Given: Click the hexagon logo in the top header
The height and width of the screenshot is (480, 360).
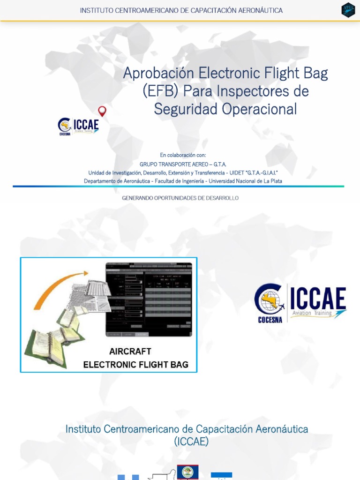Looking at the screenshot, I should tap(348, 10).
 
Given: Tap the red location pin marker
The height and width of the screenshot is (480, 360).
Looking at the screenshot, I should tap(102, 111).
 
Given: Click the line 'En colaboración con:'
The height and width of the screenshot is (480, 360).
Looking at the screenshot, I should tap(183, 155).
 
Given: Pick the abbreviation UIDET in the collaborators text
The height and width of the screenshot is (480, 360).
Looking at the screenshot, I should tap(235, 172).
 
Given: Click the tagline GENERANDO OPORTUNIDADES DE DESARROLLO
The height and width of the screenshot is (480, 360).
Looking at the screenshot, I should tap(180, 198).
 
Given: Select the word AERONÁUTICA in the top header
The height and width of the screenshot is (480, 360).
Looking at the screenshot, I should tap(259, 10).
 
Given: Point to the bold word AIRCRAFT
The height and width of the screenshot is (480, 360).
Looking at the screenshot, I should tap(130, 351).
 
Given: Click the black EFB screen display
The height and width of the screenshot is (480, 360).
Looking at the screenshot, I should tap(149, 299).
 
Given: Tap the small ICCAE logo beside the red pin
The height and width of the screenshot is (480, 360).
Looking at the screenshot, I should tap(78, 126).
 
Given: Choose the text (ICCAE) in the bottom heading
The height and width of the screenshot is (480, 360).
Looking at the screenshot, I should tap(191, 441).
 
